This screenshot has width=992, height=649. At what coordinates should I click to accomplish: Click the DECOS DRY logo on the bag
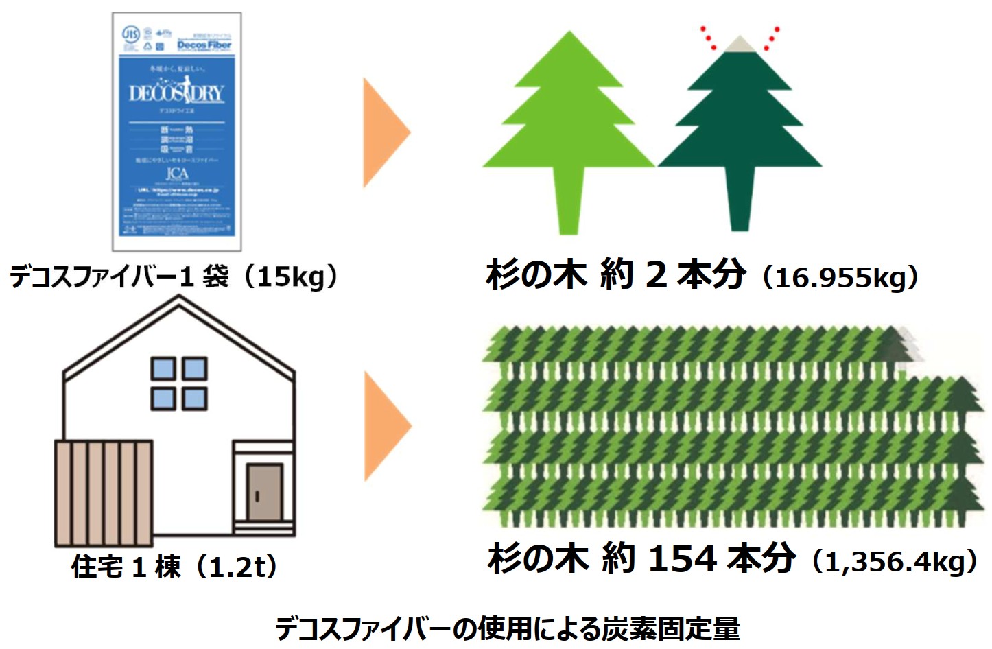point(177,93)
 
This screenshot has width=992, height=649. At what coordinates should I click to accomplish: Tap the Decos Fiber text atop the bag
point(204,45)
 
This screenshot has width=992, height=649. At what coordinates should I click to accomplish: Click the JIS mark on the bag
point(130,34)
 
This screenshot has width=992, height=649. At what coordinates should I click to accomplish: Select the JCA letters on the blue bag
point(176,174)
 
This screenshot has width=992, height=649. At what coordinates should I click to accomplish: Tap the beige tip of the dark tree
point(740,45)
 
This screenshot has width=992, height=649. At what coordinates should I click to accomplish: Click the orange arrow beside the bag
point(385,132)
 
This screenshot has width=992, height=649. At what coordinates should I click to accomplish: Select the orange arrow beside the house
point(385,425)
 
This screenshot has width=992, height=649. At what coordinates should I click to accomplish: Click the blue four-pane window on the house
point(179,383)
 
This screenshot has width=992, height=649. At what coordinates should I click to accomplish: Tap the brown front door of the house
point(264,493)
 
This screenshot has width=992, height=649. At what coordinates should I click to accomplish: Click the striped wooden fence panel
point(104,493)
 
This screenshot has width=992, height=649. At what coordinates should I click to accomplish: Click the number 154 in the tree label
point(683,559)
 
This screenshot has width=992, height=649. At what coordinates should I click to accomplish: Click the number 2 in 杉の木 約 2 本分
point(656,275)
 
